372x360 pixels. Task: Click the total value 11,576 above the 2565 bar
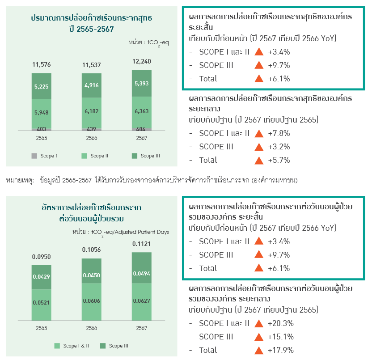42,65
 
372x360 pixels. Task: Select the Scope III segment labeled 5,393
142,84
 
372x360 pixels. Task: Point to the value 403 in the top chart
42,129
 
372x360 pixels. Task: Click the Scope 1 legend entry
45,156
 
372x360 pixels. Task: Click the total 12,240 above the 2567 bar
142,61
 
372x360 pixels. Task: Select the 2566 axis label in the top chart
92,138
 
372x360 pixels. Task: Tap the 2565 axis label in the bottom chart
42,328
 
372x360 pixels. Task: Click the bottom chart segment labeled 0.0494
142,274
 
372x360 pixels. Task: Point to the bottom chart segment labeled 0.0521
42,303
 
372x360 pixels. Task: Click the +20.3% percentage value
280,323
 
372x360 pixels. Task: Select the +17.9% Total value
280,350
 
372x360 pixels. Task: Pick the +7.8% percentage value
279,133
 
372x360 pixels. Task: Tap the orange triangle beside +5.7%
258,160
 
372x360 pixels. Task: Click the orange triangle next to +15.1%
258,337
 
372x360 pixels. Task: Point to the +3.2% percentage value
279,147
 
